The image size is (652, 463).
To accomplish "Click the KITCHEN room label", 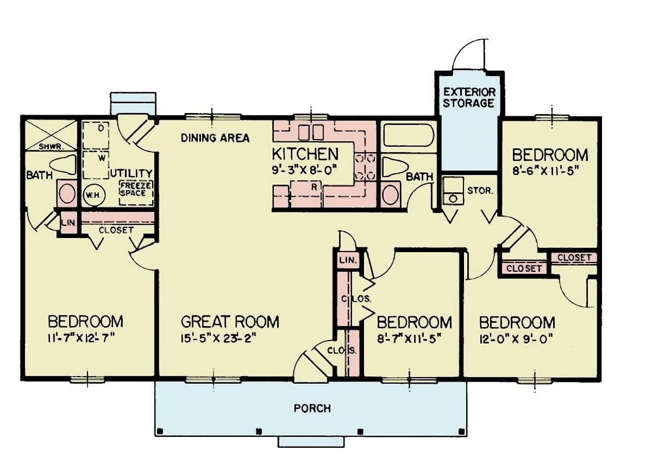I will (305, 154).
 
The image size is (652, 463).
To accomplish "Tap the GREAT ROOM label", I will (230, 322).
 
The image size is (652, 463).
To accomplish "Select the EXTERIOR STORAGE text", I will (469, 97).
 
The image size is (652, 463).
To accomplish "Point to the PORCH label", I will (312, 408).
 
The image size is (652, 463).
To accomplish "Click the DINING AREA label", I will (215, 138).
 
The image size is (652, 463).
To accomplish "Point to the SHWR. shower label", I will (51, 146).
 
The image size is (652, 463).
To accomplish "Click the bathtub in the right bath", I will (408, 135).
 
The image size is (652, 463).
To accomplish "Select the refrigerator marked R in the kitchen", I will (314, 186).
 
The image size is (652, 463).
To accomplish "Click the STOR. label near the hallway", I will (480, 191).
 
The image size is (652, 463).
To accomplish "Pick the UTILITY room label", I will (131, 173).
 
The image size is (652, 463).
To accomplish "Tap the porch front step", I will (311, 442).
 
